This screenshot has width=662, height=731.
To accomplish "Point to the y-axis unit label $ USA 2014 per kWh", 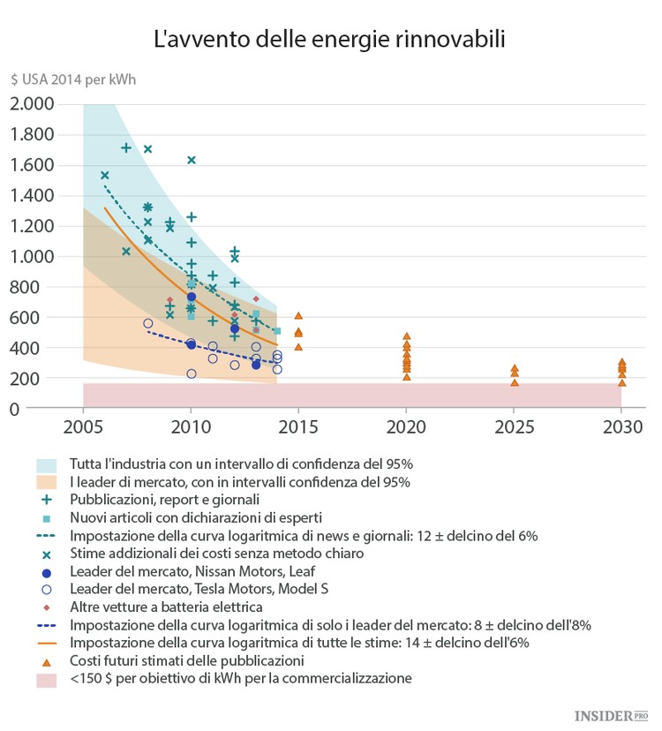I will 73,80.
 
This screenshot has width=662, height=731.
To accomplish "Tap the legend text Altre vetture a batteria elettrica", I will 165,607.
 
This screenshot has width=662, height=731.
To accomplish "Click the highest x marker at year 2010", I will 192,160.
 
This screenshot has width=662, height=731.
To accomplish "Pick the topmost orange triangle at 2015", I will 298,315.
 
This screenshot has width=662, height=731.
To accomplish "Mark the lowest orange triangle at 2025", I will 515,382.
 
